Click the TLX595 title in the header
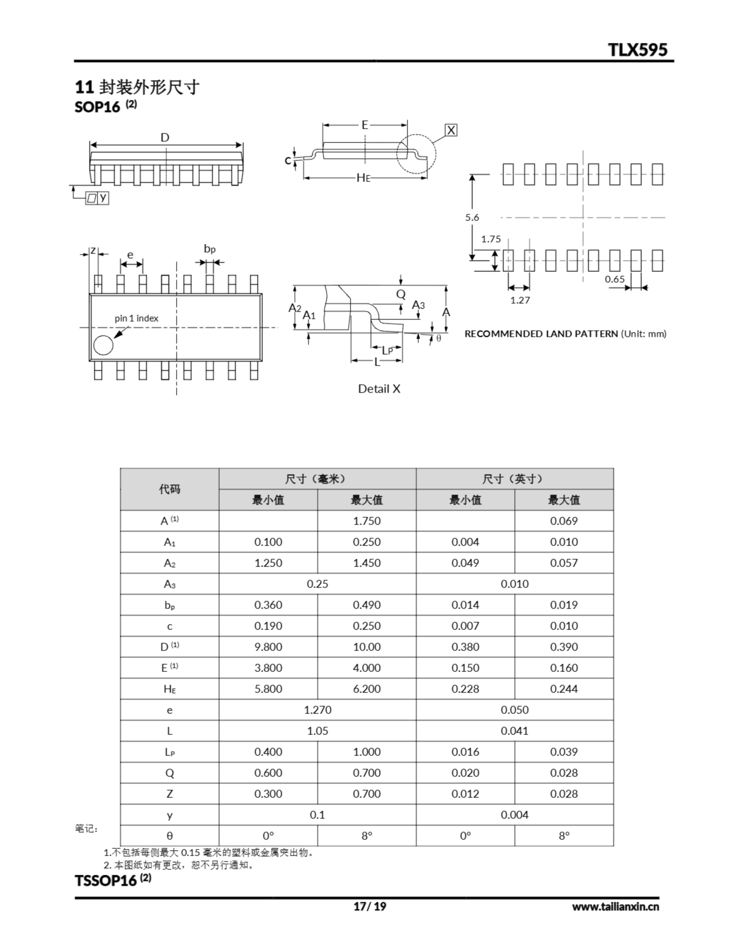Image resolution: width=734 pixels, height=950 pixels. [x=638, y=50]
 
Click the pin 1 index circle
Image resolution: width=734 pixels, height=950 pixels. [x=103, y=345]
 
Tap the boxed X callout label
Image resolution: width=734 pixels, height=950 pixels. [x=451, y=130]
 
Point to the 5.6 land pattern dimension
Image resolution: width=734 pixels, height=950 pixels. [x=472, y=217]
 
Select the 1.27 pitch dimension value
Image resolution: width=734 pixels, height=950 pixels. [x=520, y=300]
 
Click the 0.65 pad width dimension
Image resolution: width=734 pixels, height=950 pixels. [x=615, y=279]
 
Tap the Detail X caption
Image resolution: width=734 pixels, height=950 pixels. [x=379, y=389]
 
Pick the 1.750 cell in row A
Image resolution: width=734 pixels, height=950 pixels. [x=366, y=521]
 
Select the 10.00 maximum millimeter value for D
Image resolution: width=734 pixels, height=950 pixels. [x=366, y=647]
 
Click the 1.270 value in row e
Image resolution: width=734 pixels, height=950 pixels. [x=317, y=710]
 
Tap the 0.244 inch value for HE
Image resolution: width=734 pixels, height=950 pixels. [x=564, y=689]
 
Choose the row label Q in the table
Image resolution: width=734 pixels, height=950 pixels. [x=169, y=773]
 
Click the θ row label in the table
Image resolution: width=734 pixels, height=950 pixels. [x=169, y=836]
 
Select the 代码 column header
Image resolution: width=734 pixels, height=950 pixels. [x=169, y=489]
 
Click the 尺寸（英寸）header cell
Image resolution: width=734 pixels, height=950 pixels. [x=514, y=479]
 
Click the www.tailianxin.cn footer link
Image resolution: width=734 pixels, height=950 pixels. [x=615, y=907]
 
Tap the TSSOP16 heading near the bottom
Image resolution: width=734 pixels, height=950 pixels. [x=106, y=881]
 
